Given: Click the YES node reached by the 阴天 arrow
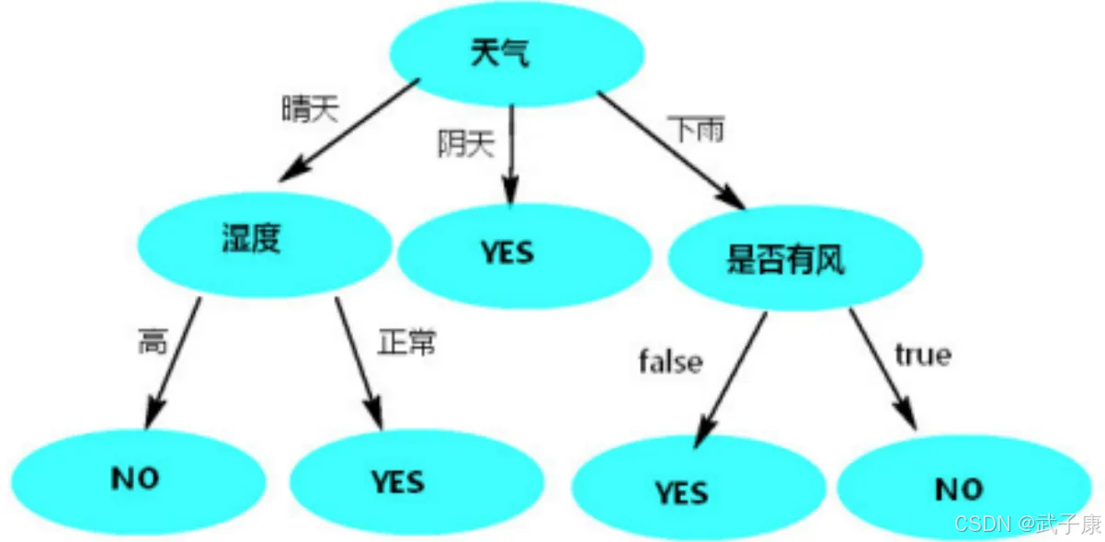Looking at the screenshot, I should click(x=507, y=253).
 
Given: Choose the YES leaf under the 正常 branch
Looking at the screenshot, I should click(x=398, y=481).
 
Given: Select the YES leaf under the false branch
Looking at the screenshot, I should click(x=681, y=492).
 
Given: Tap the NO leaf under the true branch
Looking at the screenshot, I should click(x=959, y=489).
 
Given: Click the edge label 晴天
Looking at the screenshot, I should click(x=310, y=110).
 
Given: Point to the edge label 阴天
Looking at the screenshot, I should click(x=465, y=143).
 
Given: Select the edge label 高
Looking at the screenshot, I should click(x=153, y=342).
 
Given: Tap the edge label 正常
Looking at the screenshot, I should click(x=406, y=342).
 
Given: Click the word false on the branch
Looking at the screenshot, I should click(x=670, y=362).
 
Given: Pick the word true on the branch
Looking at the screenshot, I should click(x=922, y=355).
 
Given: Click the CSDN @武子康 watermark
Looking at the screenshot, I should click(x=1027, y=524).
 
